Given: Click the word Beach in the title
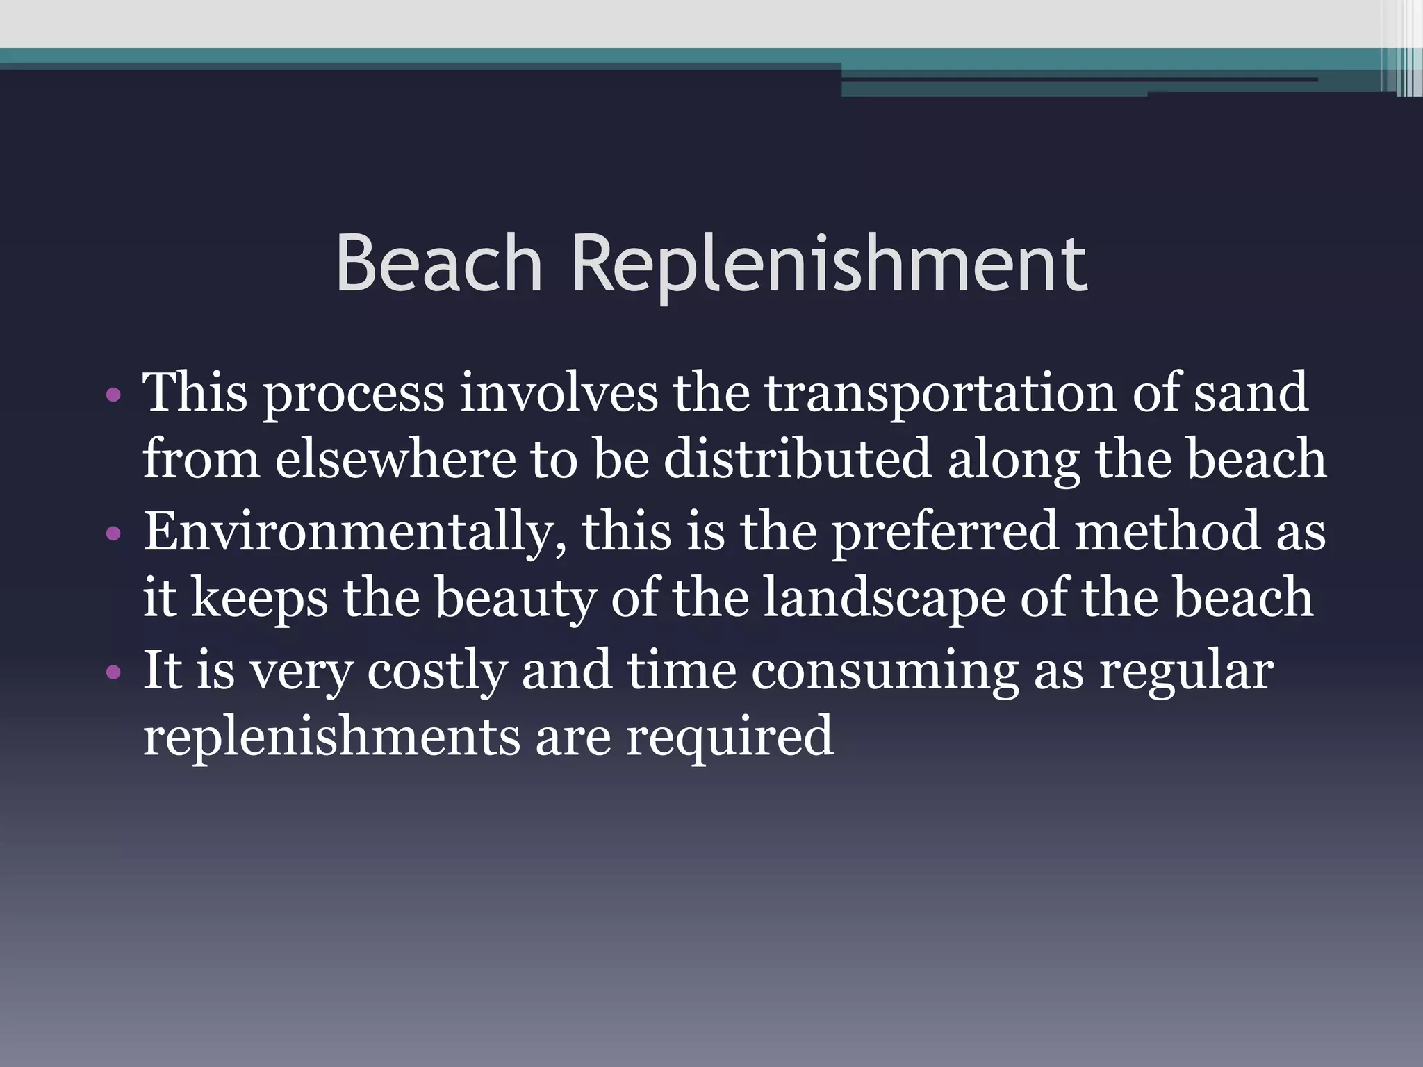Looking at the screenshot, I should (x=438, y=264).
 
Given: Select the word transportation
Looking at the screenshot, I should (x=941, y=393).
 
